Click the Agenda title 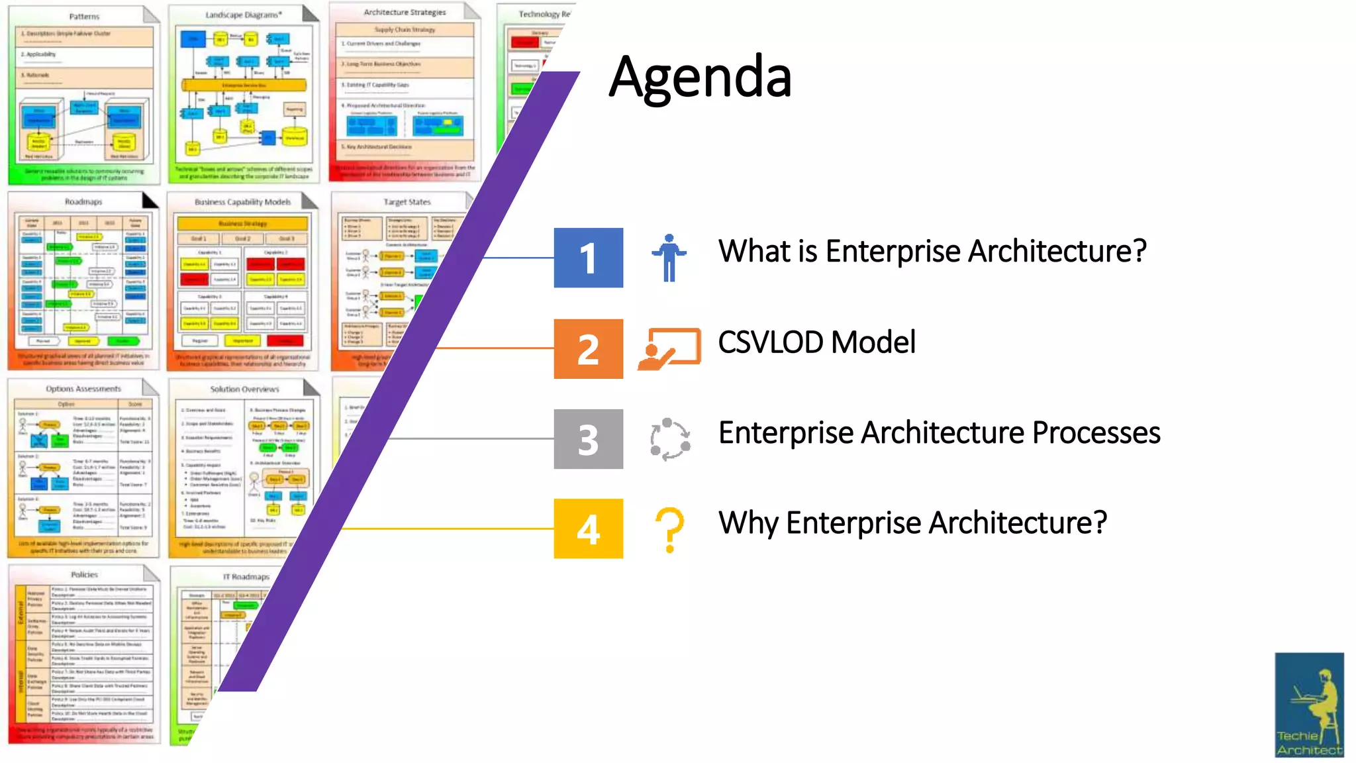point(700,77)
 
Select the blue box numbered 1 point(588,258)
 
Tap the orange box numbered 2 point(588,349)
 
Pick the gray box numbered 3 point(588,439)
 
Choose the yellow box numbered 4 point(588,529)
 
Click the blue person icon point(669,258)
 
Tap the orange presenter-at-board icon point(669,348)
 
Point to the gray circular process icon point(669,439)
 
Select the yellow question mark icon point(669,529)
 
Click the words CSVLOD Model point(816,342)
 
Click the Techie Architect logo point(1309,705)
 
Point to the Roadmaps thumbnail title point(83,201)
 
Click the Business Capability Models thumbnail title point(242,202)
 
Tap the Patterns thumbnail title point(84,16)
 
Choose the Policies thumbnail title point(84,574)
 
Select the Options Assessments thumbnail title point(83,389)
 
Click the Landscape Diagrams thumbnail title point(243,15)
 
